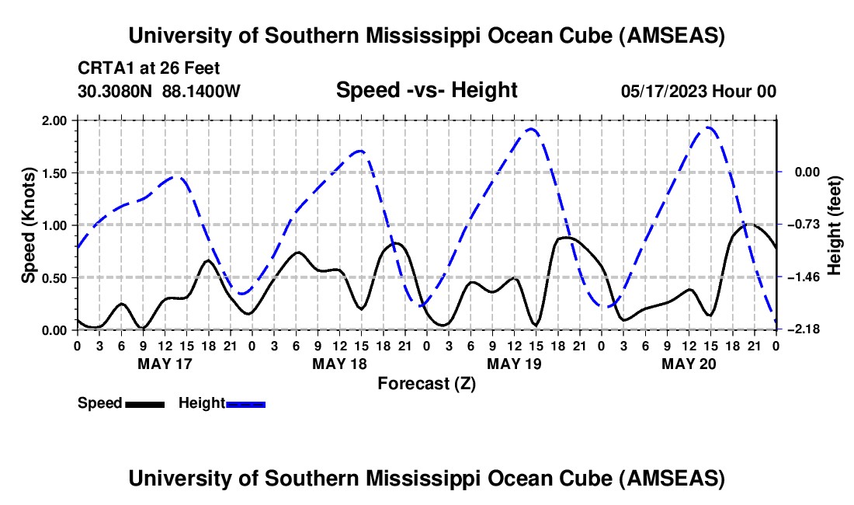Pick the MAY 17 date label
point(165,363)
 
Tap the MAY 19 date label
point(514,363)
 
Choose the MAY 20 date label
point(689,363)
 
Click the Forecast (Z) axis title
point(426,383)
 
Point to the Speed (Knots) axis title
point(29,225)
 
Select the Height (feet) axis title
point(835,225)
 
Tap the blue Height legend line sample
point(245,404)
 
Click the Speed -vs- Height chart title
point(426,90)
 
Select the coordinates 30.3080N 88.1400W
point(159,91)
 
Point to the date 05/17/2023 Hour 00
point(698,91)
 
